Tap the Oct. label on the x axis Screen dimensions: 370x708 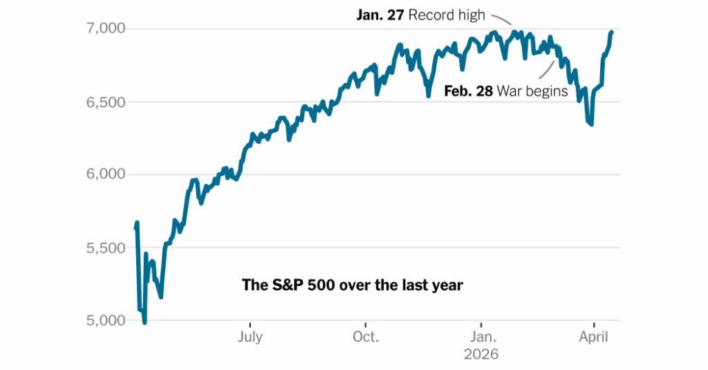[x=365, y=337]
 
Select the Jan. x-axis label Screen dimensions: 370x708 [x=482, y=337]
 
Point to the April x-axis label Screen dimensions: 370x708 [x=593, y=337]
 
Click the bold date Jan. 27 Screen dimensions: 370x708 [x=380, y=14]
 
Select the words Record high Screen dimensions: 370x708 [x=447, y=14]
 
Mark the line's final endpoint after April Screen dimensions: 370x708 [x=611, y=32]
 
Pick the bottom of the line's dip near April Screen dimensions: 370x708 [x=591, y=124]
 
